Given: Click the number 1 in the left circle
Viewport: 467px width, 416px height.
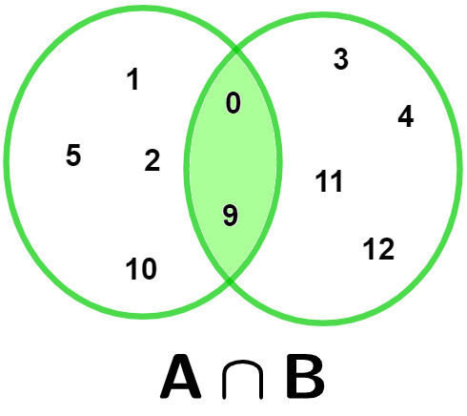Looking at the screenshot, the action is (133, 79).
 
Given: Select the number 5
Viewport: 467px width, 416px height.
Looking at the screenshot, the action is (73, 156).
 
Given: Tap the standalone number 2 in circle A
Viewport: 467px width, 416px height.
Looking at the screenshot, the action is (152, 160).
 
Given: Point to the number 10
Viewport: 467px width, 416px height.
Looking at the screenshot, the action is (141, 269).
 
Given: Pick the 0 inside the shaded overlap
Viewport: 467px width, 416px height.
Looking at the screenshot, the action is (233, 103).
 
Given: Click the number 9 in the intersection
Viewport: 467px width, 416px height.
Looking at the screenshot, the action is (231, 216).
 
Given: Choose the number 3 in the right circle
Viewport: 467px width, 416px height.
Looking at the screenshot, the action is (341, 59).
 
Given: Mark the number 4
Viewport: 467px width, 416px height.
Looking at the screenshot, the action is (406, 116).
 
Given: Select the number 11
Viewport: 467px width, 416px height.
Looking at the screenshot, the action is (329, 181).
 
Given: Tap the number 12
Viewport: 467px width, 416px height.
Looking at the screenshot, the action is (378, 249).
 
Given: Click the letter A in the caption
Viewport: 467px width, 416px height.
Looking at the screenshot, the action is (180, 377).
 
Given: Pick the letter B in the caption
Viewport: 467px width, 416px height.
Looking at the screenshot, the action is (305, 377).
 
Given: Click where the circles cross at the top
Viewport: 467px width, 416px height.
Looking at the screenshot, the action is (236, 50).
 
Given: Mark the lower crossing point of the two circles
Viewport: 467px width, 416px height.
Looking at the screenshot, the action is (230, 281).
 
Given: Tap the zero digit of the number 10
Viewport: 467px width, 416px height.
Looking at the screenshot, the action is (148, 269).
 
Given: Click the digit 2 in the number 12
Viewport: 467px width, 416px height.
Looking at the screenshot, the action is (386, 249).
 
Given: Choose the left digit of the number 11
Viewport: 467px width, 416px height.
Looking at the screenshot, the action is (321, 181).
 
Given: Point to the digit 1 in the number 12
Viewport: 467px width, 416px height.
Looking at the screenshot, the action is (369, 249).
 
